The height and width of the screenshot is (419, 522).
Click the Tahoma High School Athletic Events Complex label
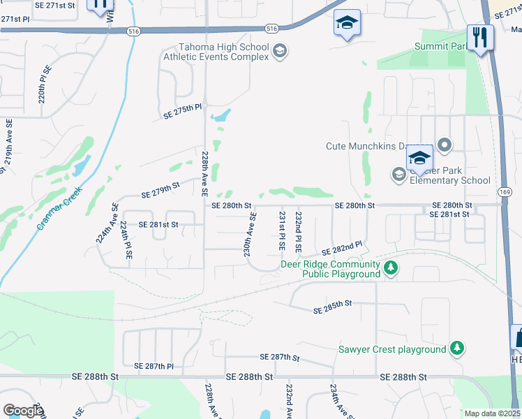(x=216, y=52)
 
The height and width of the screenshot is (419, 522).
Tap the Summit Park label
(x=440, y=46)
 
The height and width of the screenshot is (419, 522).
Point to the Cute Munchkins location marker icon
(x=445, y=146)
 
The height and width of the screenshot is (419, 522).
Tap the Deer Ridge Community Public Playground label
(x=330, y=269)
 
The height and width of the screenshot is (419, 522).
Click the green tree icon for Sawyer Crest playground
(x=456, y=348)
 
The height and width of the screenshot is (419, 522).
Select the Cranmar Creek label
(x=59, y=208)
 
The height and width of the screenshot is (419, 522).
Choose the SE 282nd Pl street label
(x=341, y=248)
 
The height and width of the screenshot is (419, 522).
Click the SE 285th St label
(x=334, y=307)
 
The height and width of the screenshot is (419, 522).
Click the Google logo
(x=23, y=410)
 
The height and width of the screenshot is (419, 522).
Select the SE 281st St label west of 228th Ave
(x=158, y=224)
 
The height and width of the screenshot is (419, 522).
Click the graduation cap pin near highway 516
(x=347, y=22)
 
